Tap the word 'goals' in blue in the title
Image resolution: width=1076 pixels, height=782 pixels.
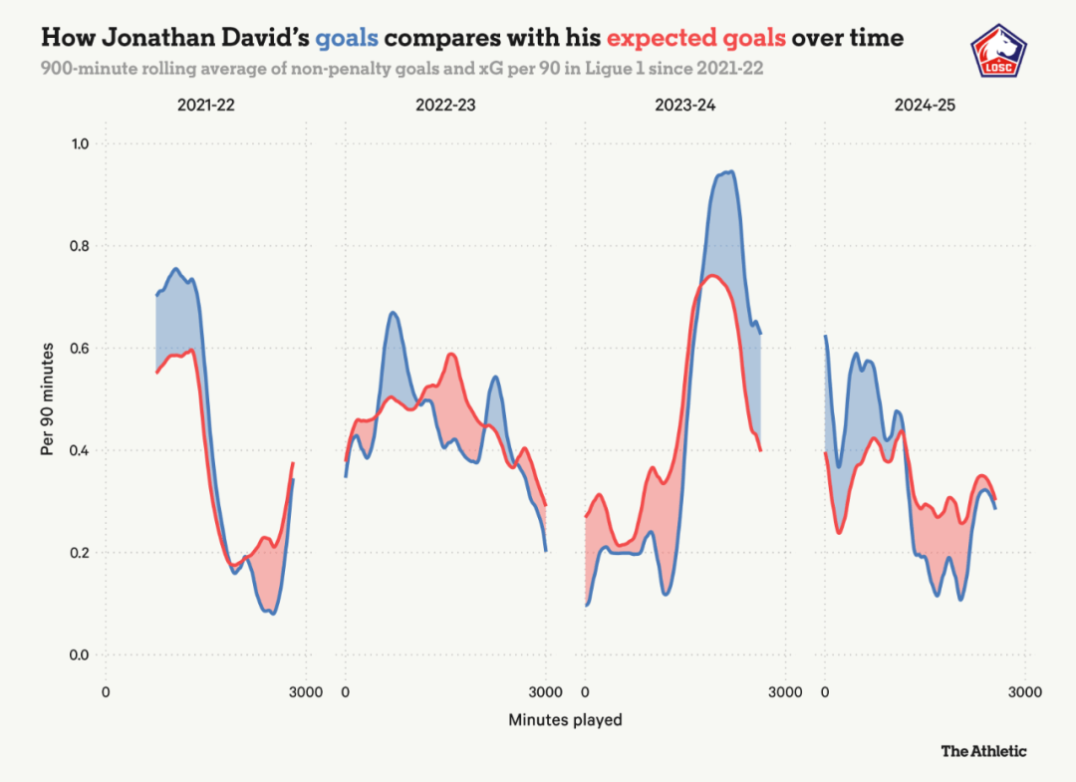pos(347,39)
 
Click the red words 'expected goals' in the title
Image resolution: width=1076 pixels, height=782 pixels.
pos(696,39)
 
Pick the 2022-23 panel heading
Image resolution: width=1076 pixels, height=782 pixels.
pos(445,104)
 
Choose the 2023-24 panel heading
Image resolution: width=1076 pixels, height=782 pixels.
pos(685,104)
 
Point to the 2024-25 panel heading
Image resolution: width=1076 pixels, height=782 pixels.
pos(925,104)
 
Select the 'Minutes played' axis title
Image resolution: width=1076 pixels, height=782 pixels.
pos(565,719)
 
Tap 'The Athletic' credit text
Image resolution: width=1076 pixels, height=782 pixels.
pos(983,751)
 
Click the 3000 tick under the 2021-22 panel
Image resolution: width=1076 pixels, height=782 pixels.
pos(305,692)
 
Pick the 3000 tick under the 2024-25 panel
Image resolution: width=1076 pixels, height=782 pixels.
pos(1024,692)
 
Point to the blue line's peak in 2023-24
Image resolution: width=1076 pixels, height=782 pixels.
pos(729,172)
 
